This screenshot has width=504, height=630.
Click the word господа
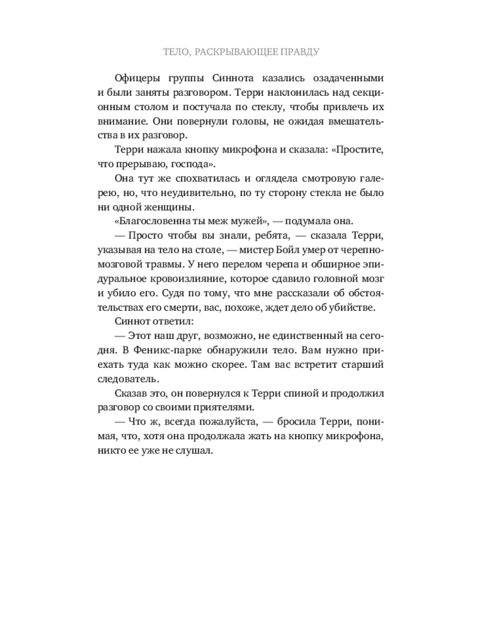[x=194, y=164]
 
